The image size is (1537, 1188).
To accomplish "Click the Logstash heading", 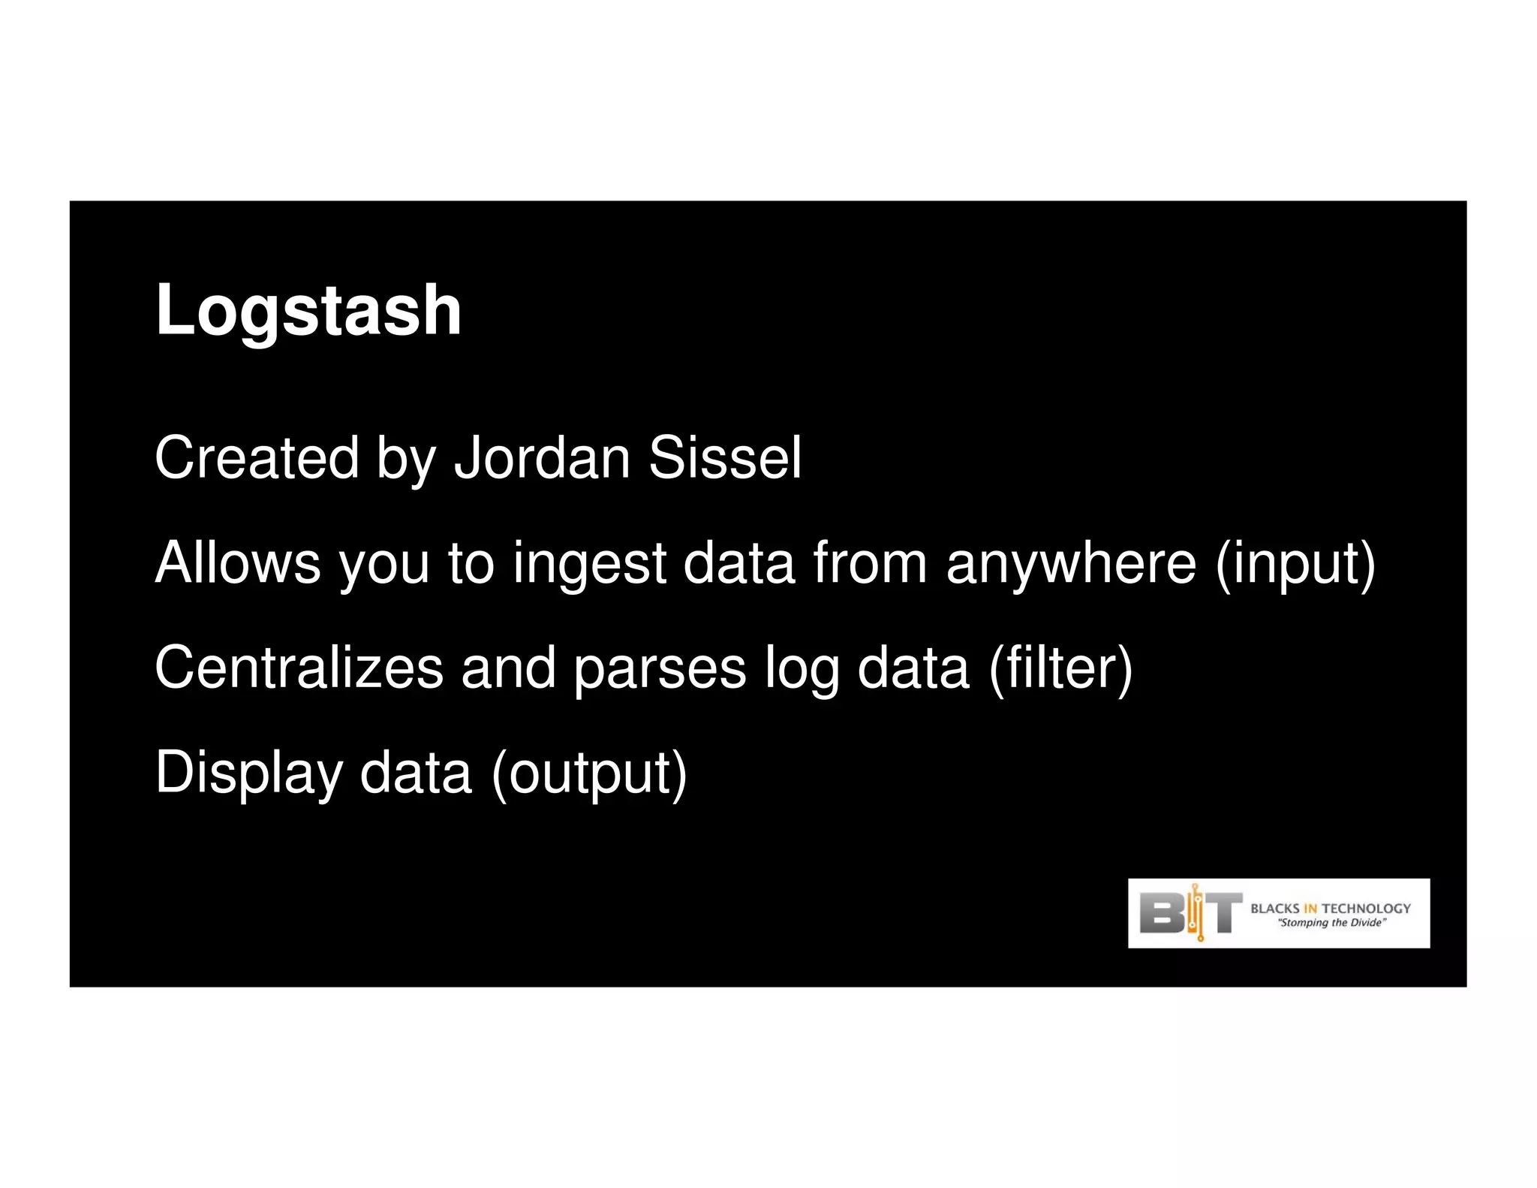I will [308, 310].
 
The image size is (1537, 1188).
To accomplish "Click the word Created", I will [257, 457].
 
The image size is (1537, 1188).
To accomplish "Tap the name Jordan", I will [542, 457].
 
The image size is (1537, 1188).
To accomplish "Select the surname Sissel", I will [725, 457].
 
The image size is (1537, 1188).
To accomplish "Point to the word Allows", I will [237, 562].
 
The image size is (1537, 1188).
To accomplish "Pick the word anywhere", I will [1071, 562].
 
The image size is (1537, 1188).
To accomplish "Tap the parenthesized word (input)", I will [1295, 564].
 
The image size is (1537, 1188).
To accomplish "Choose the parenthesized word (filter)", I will [1060, 668].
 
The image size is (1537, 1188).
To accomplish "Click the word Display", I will [248, 773].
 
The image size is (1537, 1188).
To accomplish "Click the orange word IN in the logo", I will [1310, 909].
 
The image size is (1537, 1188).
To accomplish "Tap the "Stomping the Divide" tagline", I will [1331, 923].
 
